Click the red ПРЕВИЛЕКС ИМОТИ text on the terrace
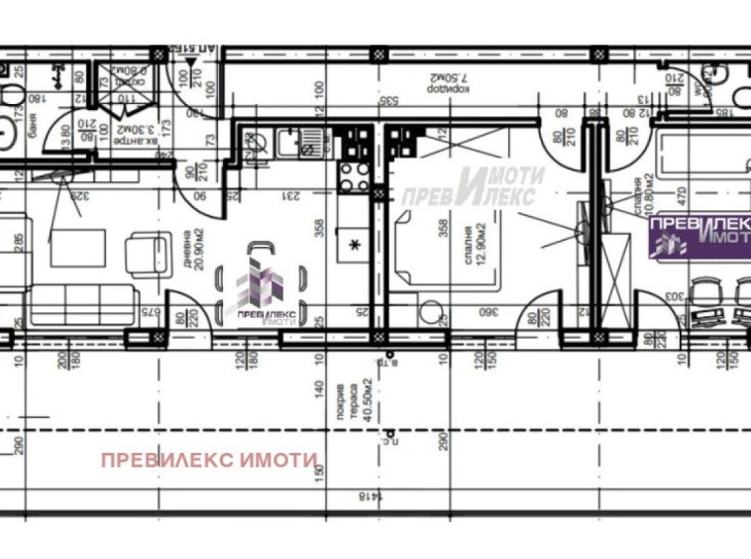(209, 460)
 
